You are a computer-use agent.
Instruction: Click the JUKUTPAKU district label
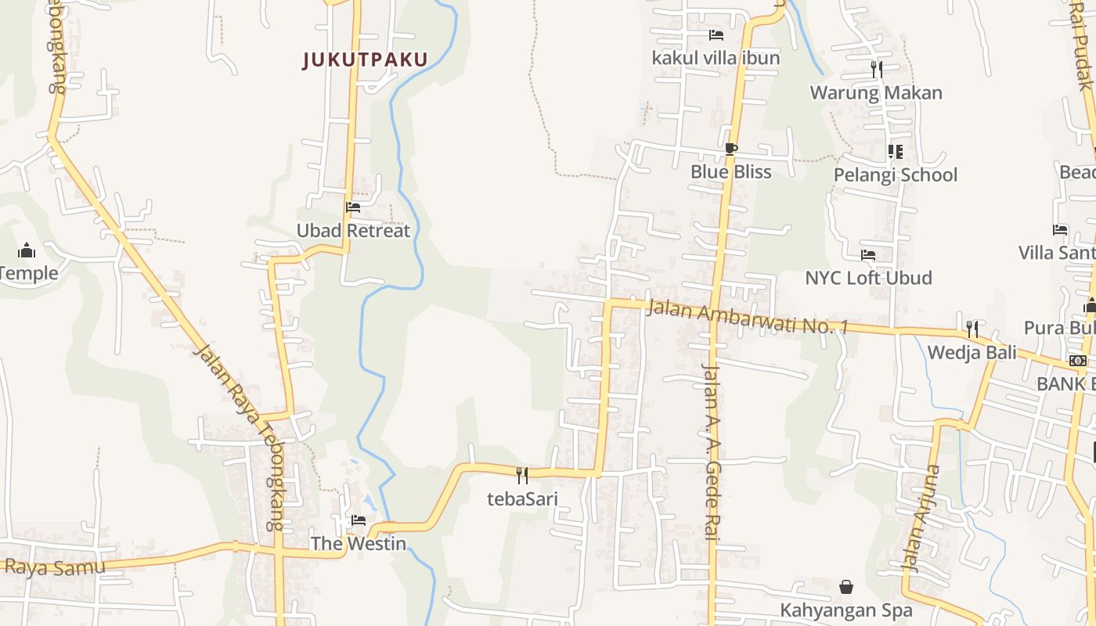[x=366, y=60]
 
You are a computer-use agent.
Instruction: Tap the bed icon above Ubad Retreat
[x=353, y=207]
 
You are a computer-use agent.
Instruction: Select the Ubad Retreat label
[x=353, y=231]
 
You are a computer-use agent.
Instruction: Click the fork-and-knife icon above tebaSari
[x=522, y=475]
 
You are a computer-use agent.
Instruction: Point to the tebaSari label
[x=522, y=498]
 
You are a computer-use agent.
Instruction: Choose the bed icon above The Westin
[x=359, y=520]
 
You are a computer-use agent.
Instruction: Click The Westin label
[x=359, y=543]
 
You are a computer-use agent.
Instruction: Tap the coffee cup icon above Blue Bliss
[x=731, y=149]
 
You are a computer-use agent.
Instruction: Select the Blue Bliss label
[x=731, y=172]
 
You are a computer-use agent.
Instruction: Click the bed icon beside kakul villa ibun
[x=716, y=35]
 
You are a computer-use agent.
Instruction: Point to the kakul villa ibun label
[x=716, y=58]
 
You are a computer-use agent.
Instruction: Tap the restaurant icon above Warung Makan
[x=876, y=70]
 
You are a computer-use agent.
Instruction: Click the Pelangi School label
[x=895, y=174]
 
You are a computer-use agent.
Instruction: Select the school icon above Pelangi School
[x=895, y=151]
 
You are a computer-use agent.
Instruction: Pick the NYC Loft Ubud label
[x=868, y=278]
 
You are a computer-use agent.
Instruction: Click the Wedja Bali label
[x=972, y=352]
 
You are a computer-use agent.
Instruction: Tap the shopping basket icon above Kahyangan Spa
[x=846, y=587]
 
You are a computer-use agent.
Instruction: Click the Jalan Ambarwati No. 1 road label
[x=748, y=315]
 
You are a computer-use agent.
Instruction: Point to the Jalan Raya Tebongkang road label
[x=243, y=438]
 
